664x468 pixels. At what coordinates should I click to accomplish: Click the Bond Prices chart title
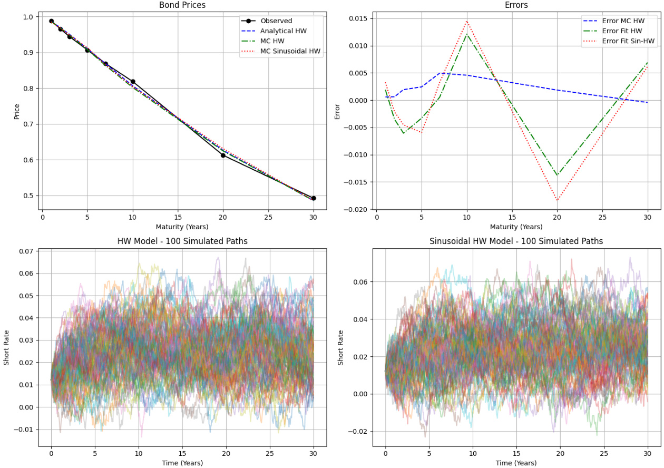click(182, 5)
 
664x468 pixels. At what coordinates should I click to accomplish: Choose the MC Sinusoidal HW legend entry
click(290, 51)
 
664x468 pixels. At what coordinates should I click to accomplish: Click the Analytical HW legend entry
click(283, 31)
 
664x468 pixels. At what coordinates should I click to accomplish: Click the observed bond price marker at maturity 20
click(223, 155)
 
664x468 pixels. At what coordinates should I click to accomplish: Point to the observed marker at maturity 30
click(314, 198)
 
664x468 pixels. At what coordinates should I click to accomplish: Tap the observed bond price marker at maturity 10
click(133, 82)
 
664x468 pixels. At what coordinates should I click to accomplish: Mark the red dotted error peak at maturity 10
click(466, 21)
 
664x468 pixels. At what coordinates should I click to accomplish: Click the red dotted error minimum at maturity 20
click(557, 200)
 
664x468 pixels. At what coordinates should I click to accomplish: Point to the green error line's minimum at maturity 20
click(557, 175)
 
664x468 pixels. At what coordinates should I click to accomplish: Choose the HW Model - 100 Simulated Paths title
click(182, 241)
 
